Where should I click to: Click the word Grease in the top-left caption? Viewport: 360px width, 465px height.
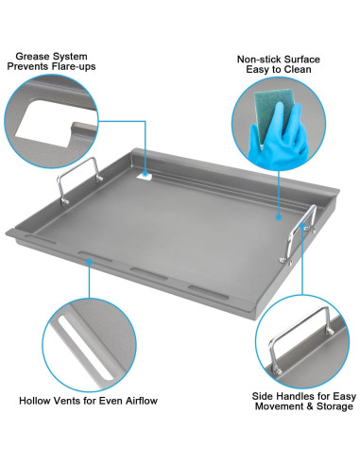[x=29, y=56]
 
